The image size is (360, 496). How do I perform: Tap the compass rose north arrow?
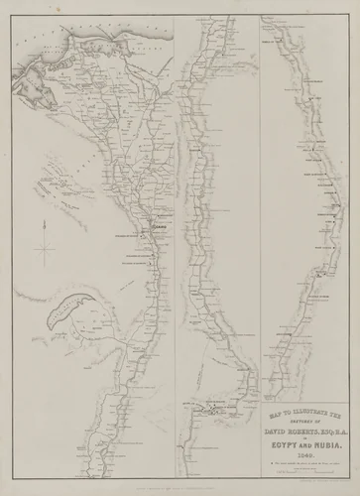tap(44, 239)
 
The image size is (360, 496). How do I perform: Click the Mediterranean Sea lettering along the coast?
tap(79, 31)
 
